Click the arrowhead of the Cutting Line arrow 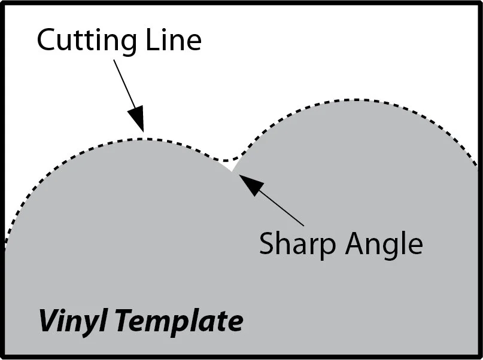click(139, 117)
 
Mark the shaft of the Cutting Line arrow click(124, 83)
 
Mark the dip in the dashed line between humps click(224, 160)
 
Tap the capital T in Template click(123, 321)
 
